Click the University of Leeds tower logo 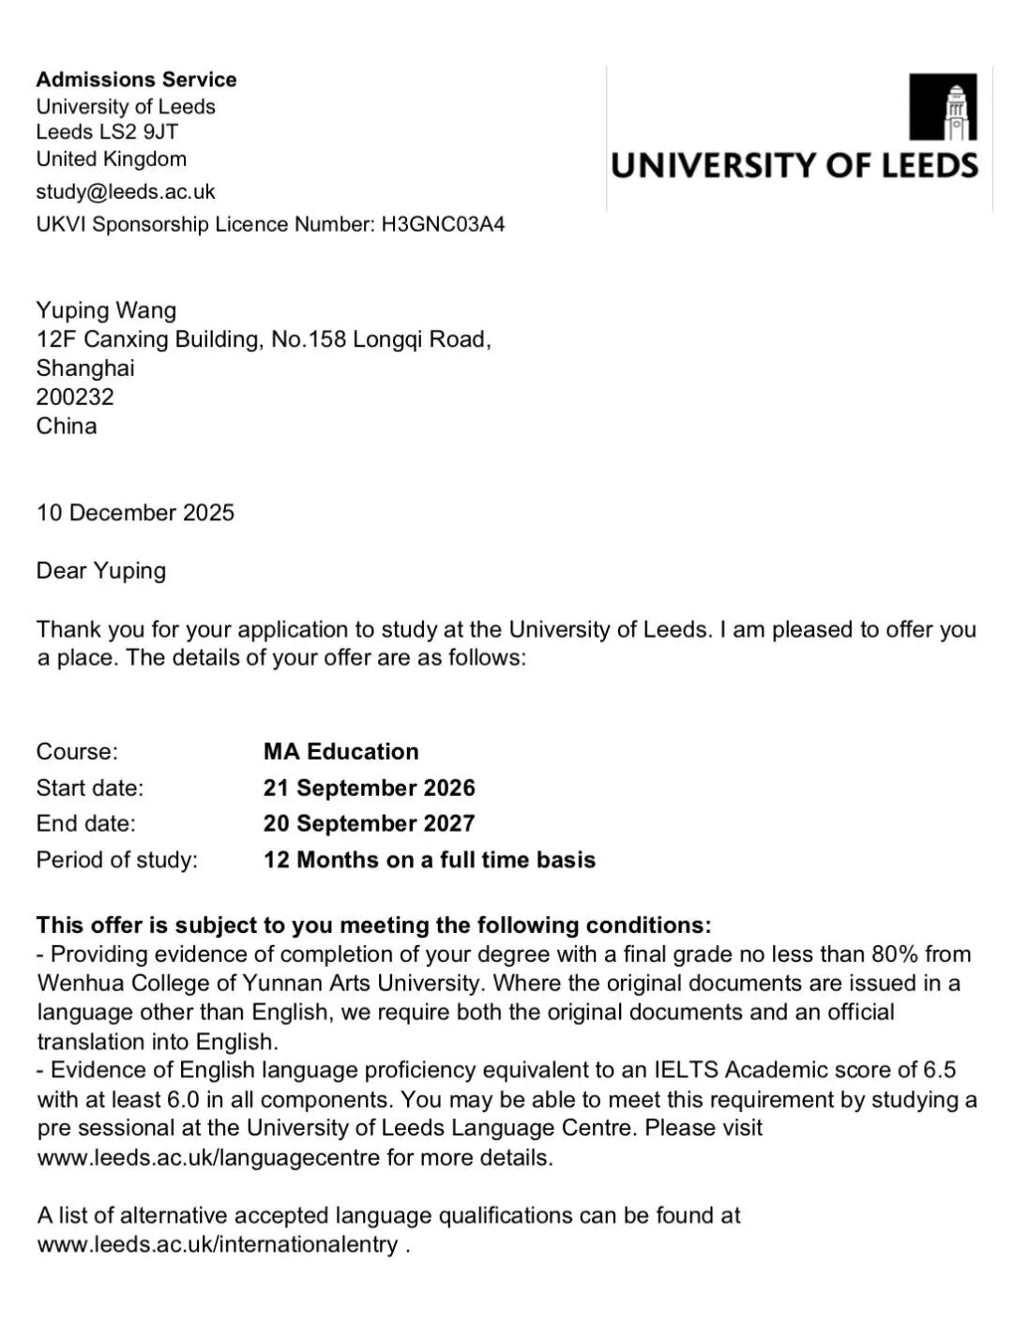[x=943, y=106]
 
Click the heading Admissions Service [x=136, y=80]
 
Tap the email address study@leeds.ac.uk [x=126, y=192]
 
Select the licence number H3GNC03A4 [x=442, y=224]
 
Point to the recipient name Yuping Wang [x=106, y=310]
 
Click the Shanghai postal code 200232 [x=75, y=397]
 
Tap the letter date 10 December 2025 [x=135, y=513]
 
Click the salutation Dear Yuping [x=101, y=571]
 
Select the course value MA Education [x=340, y=752]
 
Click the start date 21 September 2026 [x=369, y=788]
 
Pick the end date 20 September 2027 [x=369, y=823]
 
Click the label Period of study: [x=117, y=860]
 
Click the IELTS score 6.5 [x=940, y=1071]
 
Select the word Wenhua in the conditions [x=71, y=984]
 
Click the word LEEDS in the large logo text [x=928, y=166]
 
